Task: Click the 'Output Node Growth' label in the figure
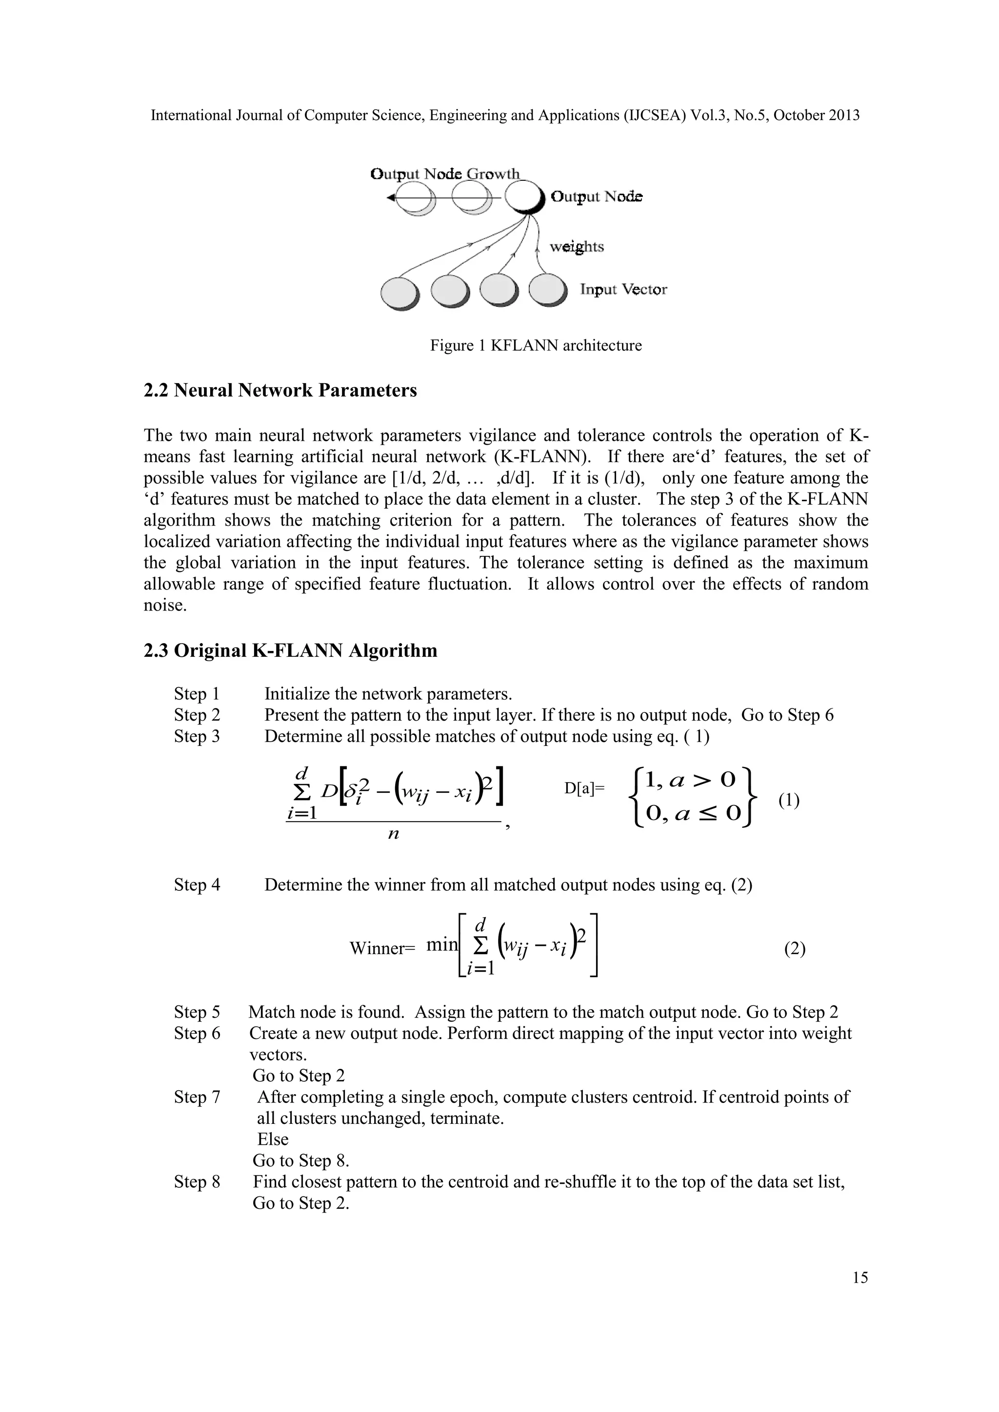(x=445, y=174)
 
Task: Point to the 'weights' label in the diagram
(x=577, y=247)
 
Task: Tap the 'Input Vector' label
(x=623, y=289)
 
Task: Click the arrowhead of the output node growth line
(x=391, y=198)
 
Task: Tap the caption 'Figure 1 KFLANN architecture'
(x=535, y=346)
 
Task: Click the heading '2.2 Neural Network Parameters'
(x=280, y=391)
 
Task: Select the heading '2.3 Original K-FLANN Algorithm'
(x=290, y=650)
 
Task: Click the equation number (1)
(x=789, y=801)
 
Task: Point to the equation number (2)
(x=794, y=949)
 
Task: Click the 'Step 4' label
(x=197, y=885)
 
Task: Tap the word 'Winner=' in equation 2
(x=382, y=948)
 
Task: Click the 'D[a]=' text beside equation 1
(x=584, y=788)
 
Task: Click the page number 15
(x=860, y=1278)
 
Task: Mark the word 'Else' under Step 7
(x=273, y=1139)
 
